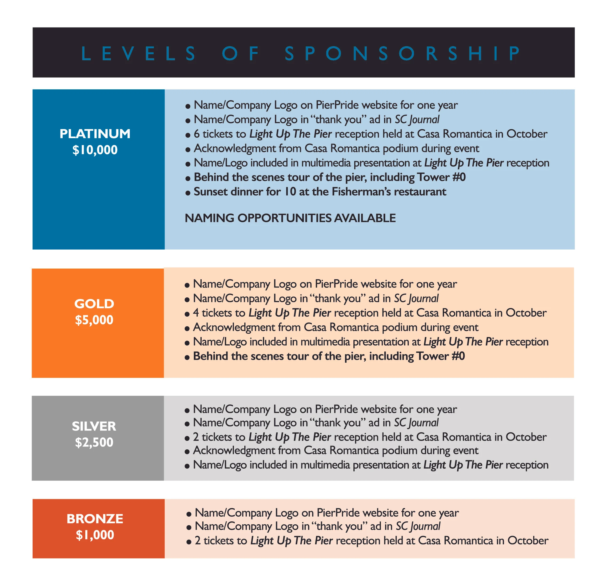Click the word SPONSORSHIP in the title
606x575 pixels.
(402, 53)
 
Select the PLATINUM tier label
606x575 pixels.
(95, 134)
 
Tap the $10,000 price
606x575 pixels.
(95, 150)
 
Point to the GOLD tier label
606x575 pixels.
(94, 304)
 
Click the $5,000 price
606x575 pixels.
(94, 320)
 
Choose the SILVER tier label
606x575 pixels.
(94, 426)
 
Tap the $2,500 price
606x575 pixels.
(94, 442)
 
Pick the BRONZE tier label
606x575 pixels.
(95, 519)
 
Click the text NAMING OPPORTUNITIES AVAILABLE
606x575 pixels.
(290, 218)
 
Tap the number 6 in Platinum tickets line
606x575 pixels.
(197, 134)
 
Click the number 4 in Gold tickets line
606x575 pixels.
(196, 313)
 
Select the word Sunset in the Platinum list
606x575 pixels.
(211, 192)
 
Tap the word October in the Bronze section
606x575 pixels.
(528, 541)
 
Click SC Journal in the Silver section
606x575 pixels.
(416, 423)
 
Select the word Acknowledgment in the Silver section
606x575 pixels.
(234, 450)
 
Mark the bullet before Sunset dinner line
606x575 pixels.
(188, 193)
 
